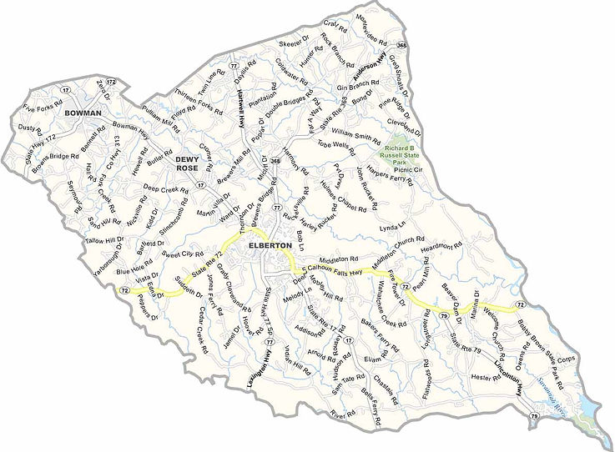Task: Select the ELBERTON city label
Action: [270, 246]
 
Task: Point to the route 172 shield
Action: [111, 82]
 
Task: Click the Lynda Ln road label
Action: [396, 227]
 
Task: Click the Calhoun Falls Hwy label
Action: [341, 268]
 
